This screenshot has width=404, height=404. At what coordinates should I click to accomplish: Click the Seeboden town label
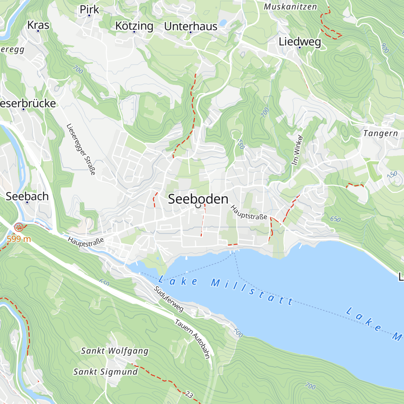(x=198, y=199)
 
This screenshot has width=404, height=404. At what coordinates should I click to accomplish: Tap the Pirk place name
(x=89, y=10)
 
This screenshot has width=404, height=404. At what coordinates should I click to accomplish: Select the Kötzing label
(x=134, y=26)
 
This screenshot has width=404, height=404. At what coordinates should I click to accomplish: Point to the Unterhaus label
(x=191, y=26)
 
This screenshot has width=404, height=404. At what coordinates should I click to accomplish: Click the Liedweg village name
(x=300, y=42)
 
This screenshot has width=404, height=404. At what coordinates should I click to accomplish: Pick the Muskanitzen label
(x=290, y=7)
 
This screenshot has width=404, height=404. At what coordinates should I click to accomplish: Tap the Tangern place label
(x=380, y=133)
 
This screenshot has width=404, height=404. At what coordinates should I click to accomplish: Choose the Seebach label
(x=27, y=196)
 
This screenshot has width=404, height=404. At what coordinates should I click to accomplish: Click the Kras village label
(x=38, y=25)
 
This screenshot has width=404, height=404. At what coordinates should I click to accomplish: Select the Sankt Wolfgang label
(x=114, y=351)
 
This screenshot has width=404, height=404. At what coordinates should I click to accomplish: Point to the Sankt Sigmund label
(x=105, y=372)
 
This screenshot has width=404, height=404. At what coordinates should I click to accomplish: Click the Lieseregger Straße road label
(x=81, y=149)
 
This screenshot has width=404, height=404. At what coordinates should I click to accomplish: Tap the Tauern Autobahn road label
(x=192, y=339)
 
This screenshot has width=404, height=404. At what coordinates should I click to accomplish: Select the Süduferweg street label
(x=169, y=299)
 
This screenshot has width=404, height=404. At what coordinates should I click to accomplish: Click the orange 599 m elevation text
(x=19, y=239)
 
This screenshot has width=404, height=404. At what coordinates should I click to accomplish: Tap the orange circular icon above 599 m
(x=19, y=227)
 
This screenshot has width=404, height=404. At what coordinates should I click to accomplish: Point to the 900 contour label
(x=385, y=48)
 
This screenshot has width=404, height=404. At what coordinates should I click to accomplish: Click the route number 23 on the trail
(x=189, y=394)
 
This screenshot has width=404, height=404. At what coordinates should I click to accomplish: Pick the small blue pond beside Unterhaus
(x=223, y=23)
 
